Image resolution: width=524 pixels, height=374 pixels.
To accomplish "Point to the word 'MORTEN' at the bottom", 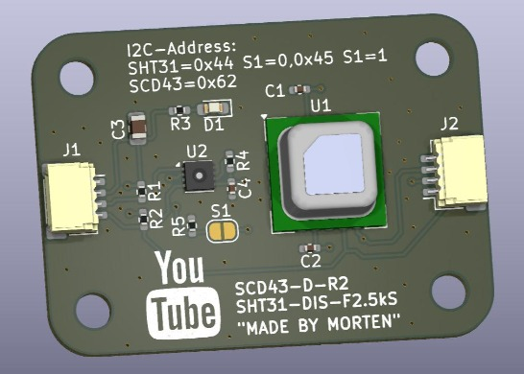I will (x=361, y=325).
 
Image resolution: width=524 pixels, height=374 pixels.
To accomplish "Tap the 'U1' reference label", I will (x=321, y=104).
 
